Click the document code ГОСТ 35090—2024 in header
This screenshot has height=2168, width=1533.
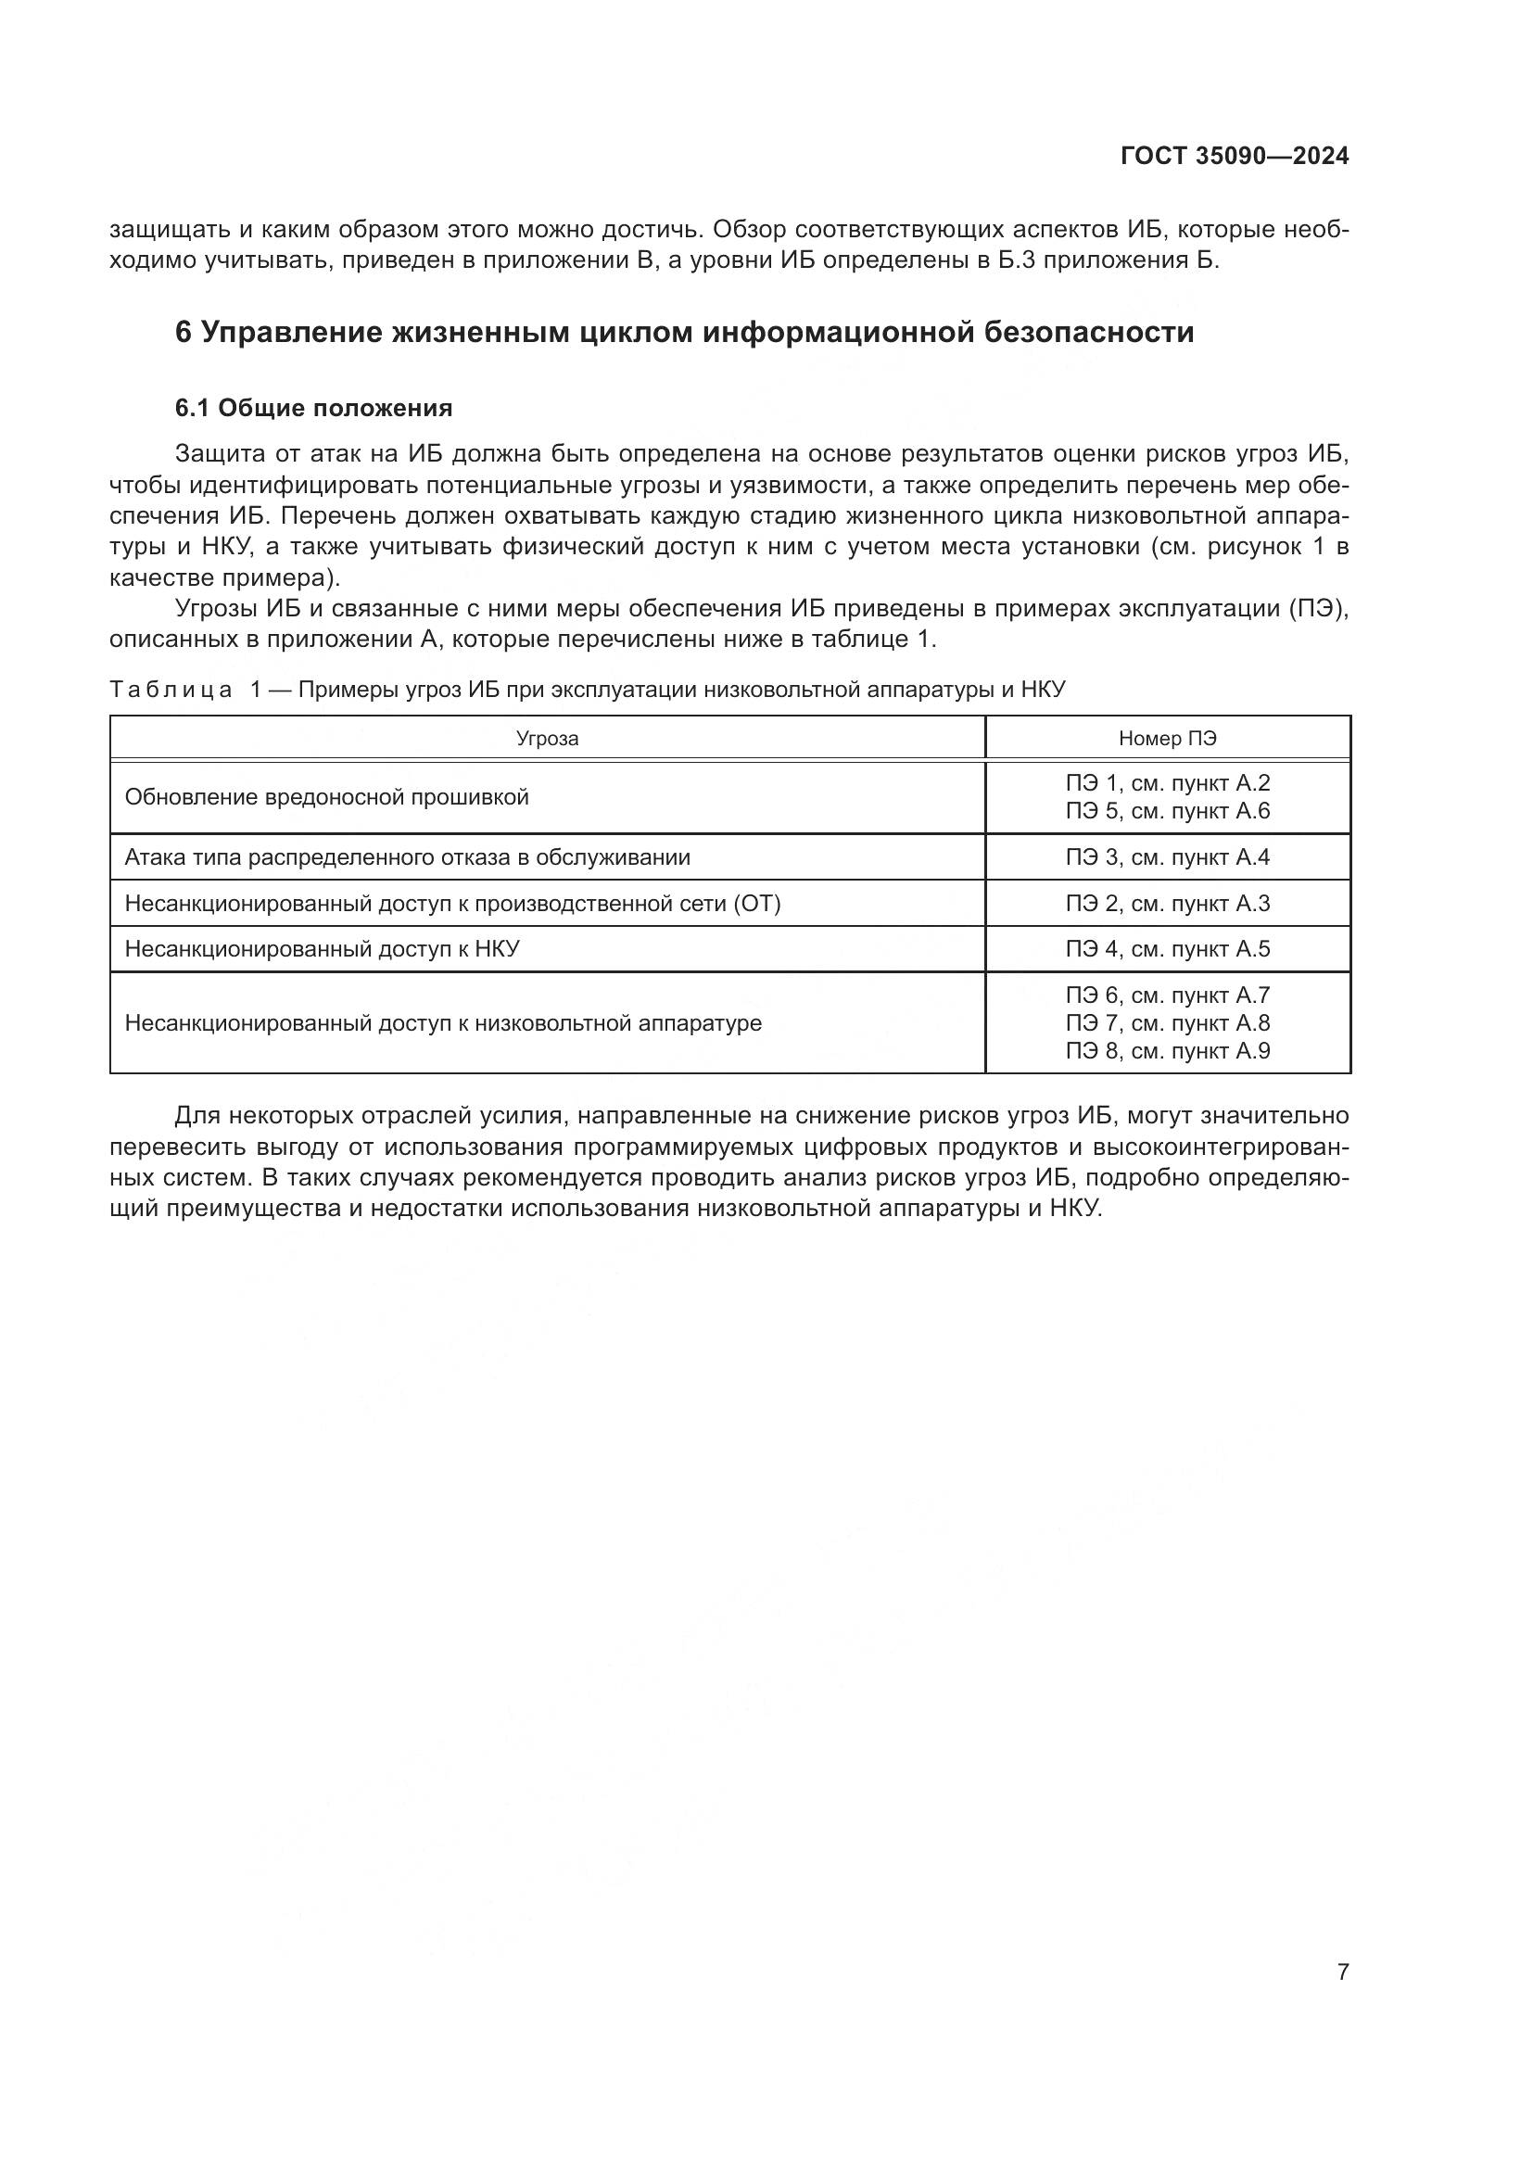[1234, 157]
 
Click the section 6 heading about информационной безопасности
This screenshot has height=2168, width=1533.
[684, 333]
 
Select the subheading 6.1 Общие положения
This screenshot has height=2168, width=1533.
[313, 408]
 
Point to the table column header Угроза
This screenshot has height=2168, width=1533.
[547, 739]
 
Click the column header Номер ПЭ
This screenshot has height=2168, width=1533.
[1168, 739]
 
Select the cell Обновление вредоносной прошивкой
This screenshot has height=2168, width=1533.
[326, 797]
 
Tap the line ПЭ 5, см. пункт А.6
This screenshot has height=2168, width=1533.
[1168, 811]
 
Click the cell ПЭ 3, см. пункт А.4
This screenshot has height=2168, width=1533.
[1168, 857]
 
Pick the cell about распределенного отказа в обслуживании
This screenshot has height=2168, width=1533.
[407, 857]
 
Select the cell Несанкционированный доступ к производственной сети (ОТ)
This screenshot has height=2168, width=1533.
[452, 904]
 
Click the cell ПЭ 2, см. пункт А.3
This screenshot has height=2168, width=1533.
[1168, 904]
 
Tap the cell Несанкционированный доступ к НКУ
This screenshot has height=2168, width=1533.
[322, 949]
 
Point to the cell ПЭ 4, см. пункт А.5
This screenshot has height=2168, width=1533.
[1168, 949]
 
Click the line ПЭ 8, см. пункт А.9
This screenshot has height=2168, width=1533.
[1168, 1051]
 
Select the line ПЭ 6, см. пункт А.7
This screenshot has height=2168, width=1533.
[1168, 995]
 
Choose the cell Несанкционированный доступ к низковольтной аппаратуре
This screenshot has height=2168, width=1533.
[443, 1022]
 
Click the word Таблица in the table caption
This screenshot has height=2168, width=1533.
[171, 690]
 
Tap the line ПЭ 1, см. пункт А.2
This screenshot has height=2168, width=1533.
[1168, 783]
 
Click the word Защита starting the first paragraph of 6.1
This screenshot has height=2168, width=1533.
[217, 454]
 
